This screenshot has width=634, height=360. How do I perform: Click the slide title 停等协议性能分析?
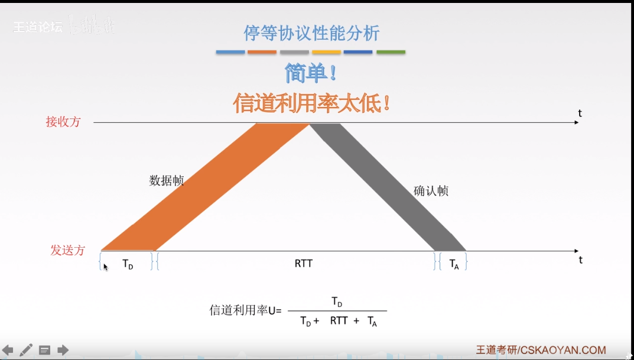311,33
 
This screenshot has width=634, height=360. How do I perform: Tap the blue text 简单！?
311,73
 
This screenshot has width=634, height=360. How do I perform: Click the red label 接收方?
63,122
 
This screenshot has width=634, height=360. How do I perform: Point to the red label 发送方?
67,250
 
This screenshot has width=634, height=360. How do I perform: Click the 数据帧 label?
166,180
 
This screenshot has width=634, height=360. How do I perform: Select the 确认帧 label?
431,190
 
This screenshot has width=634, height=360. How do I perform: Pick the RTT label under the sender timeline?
303,264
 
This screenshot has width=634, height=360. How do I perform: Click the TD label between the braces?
128,264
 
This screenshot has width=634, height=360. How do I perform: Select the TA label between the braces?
454,264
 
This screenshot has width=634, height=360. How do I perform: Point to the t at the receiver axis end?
580,113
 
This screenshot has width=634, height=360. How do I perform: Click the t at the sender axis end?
581,260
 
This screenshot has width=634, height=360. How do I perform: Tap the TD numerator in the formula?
337,302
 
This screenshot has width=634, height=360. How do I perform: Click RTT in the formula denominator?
339,321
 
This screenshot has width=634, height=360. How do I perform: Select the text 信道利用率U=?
246,310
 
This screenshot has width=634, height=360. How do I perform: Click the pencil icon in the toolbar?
26,350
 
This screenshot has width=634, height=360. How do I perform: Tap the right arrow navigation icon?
63,350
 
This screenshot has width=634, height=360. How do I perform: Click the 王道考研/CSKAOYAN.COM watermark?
541,351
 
